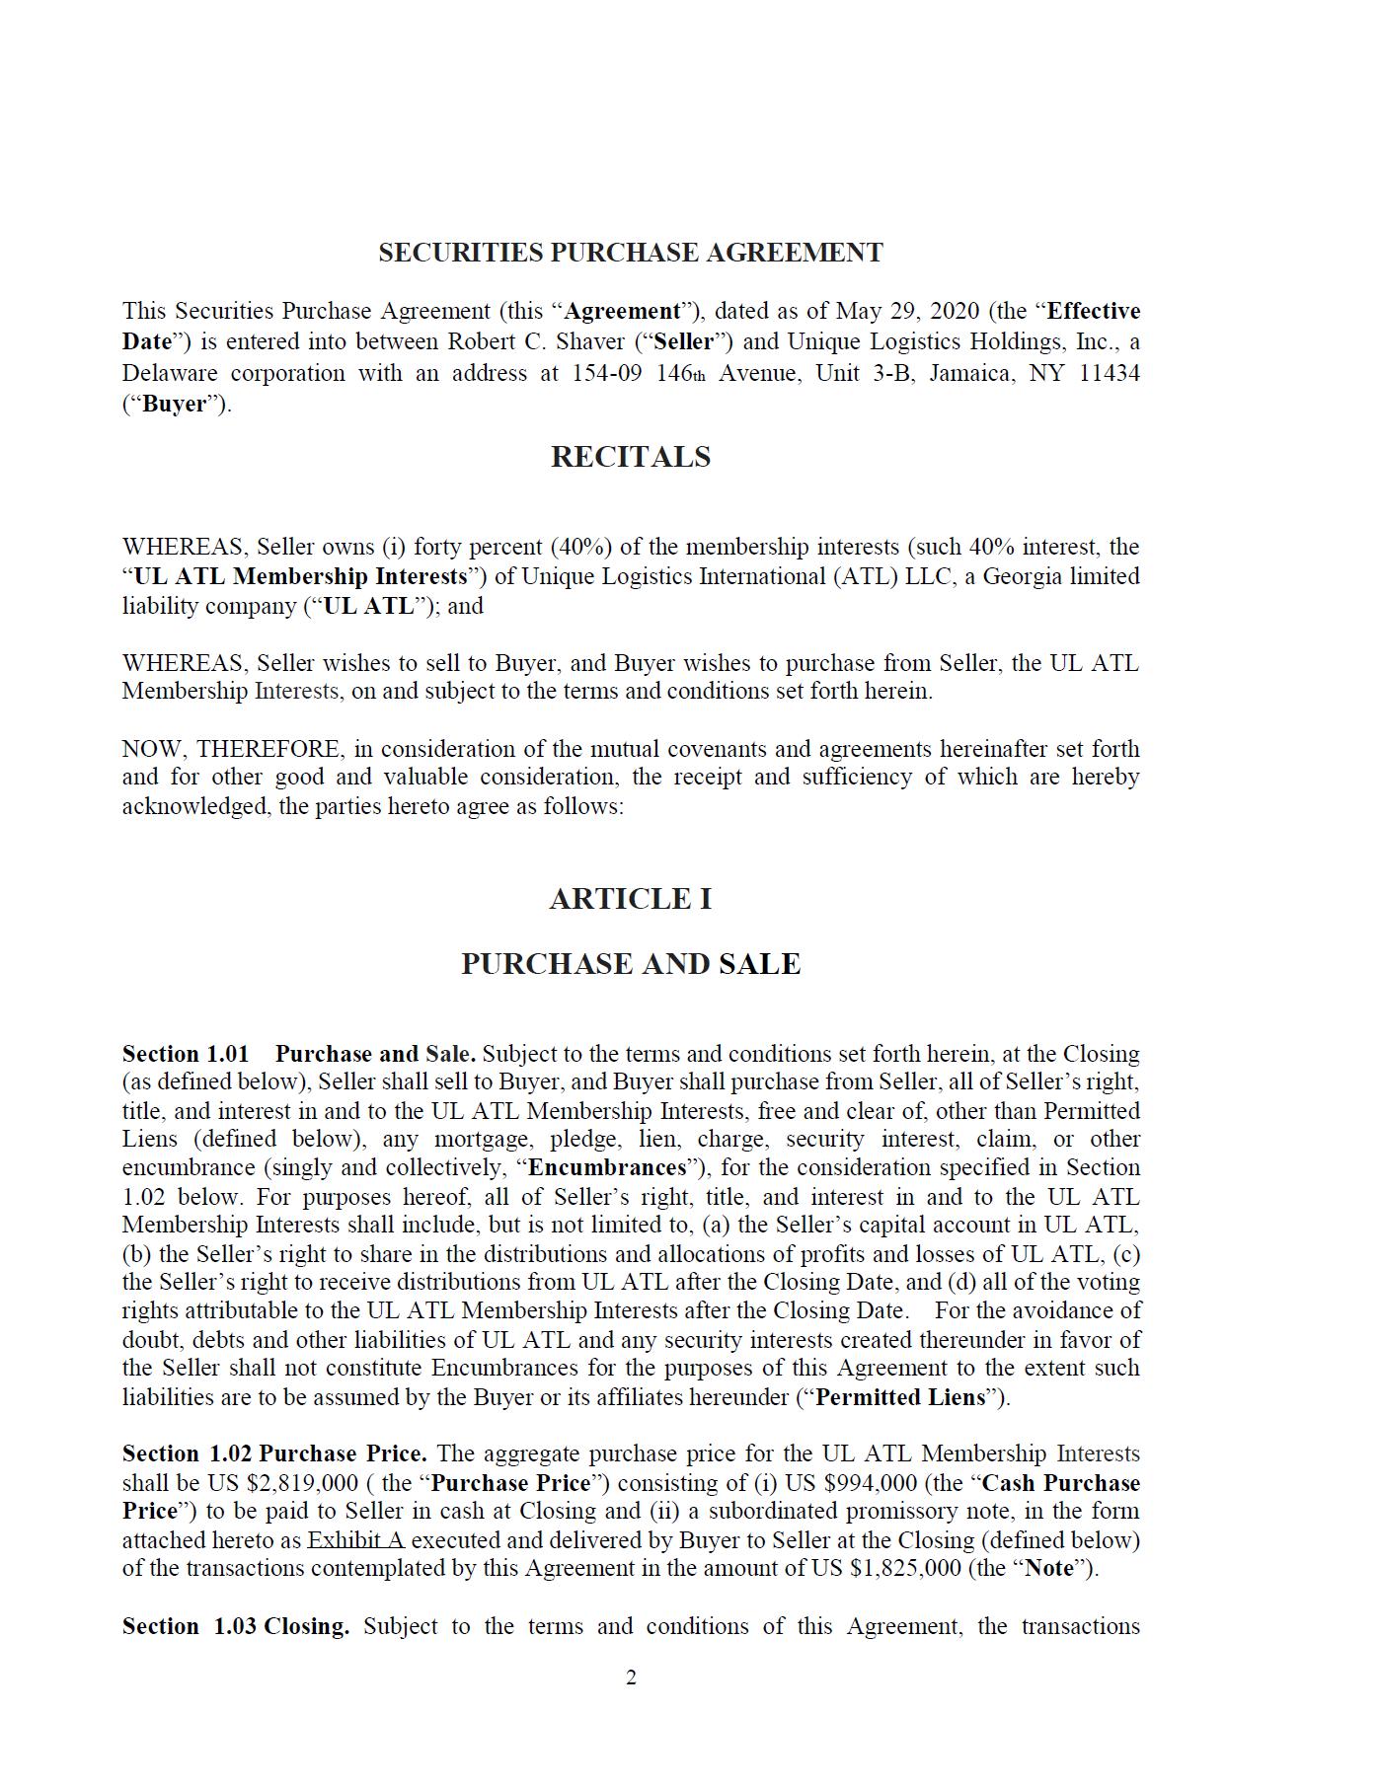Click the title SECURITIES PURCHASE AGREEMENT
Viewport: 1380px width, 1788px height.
[630, 253]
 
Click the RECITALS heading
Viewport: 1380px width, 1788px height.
[630, 457]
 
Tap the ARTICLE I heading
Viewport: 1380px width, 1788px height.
[630, 899]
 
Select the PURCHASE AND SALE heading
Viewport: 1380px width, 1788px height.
[630, 964]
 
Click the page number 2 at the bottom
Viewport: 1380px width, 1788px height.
[631, 1677]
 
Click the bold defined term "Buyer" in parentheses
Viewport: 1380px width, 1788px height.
[175, 404]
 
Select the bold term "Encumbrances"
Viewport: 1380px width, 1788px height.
[607, 1168]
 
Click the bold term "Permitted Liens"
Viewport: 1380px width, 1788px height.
[900, 1397]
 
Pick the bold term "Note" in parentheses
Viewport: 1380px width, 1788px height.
[1047, 1568]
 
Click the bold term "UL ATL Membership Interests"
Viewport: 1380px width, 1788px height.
[300, 576]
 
